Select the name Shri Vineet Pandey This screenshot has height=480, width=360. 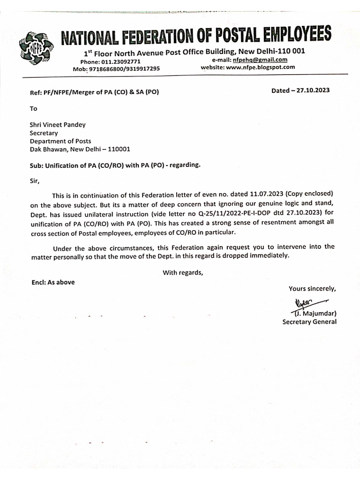58,125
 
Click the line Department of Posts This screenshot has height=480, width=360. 60,141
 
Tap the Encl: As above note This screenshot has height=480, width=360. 52,282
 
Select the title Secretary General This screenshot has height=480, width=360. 309,322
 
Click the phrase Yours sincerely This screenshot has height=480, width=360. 312,288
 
